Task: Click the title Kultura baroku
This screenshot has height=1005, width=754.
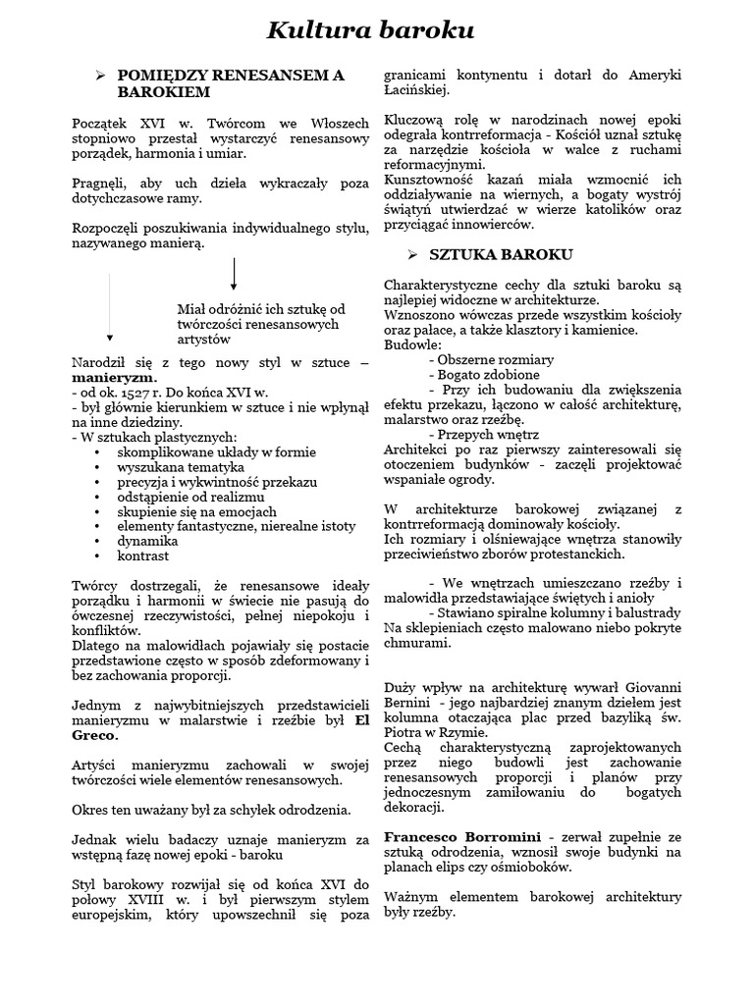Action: [x=370, y=32]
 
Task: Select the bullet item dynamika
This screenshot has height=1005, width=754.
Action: [x=147, y=540]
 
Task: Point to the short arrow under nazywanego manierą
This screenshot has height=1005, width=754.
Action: [x=234, y=274]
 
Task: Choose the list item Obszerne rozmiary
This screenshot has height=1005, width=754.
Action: [x=491, y=359]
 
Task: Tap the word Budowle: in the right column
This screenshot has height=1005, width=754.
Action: [x=412, y=344]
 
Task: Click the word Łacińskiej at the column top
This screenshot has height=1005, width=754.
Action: [x=416, y=90]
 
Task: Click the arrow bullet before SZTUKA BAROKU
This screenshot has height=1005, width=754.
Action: [x=411, y=254]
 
